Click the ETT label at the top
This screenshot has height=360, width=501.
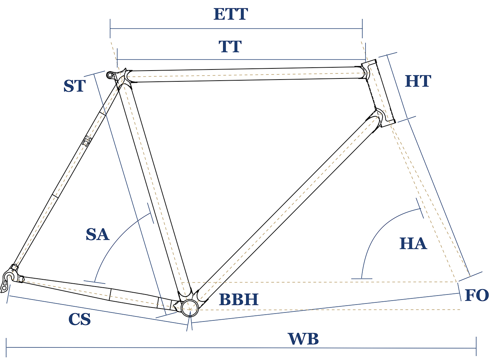pyautogui.click(x=231, y=14)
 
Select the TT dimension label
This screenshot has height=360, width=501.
pyautogui.click(x=230, y=47)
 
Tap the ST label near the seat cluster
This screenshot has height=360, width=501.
pyautogui.click(x=75, y=86)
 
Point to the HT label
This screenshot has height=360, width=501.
pyautogui.click(x=418, y=81)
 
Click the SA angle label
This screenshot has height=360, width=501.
pyautogui.click(x=97, y=234)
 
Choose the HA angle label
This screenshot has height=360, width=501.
pyautogui.click(x=413, y=244)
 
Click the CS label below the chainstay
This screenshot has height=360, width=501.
pyautogui.click(x=80, y=319)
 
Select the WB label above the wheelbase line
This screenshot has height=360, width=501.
pyautogui.click(x=303, y=339)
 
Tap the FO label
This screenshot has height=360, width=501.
pyautogui.click(x=477, y=296)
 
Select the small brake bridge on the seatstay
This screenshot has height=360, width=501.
pyautogui.click(x=86, y=141)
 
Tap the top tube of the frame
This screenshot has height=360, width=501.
pyautogui.click(x=245, y=75)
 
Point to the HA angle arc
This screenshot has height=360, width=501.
pyautogui.click(x=375, y=230)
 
